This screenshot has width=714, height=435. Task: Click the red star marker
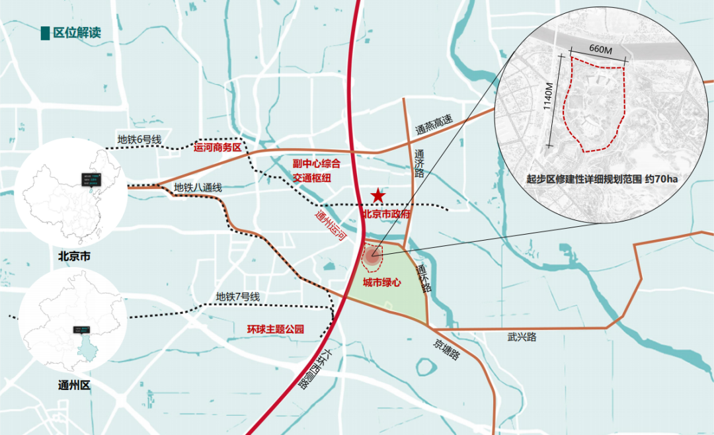pyautogui.click(x=377, y=195)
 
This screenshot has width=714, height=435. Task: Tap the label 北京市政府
pyautogui.click(x=387, y=214)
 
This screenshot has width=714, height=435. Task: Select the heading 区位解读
pyautogui.click(x=77, y=33)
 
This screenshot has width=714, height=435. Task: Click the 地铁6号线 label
pyautogui.click(x=139, y=139)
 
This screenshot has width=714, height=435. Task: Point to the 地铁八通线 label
pyautogui.click(x=198, y=187)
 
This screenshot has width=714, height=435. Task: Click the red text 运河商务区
pyautogui.click(x=218, y=147)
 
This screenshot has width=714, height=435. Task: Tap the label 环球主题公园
pyautogui.click(x=276, y=329)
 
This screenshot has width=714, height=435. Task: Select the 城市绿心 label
pyautogui.click(x=382, y=283)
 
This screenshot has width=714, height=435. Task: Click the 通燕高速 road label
pyautogui.click(x=434, y=126)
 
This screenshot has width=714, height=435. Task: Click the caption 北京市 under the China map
pyautogui.click(x=74, y=255)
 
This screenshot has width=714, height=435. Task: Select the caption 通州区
pyautogui.click(x=73, y=385)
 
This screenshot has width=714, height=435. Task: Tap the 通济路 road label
pyautogui.click(x=419, y=163)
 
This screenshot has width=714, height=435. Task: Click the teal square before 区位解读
pyautogui.click(x=45, y=33)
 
